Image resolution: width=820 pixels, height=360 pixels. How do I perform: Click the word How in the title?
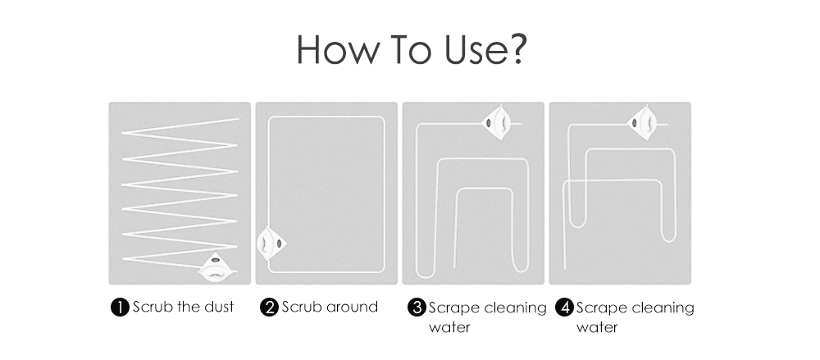click(x=339, y=50)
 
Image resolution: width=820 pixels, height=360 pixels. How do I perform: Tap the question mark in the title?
click(x=517, y=50)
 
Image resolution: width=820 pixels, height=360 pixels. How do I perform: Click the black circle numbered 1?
click(x=120, y=308)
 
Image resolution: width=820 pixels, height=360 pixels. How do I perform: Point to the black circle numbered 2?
click(x=269, y=308)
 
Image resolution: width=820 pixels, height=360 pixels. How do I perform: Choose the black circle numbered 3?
click(x=417, y=308)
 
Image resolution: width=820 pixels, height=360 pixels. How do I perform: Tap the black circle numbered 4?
click(x=564, y=308)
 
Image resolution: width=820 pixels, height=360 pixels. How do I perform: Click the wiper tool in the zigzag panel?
click(x=216, y=267)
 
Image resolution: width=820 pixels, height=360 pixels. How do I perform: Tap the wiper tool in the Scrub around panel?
click(x=271, y=244)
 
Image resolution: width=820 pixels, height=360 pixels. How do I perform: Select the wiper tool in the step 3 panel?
click(x=496, y=123)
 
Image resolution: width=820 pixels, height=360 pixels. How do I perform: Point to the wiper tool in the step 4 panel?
click(x=642, y=123)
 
